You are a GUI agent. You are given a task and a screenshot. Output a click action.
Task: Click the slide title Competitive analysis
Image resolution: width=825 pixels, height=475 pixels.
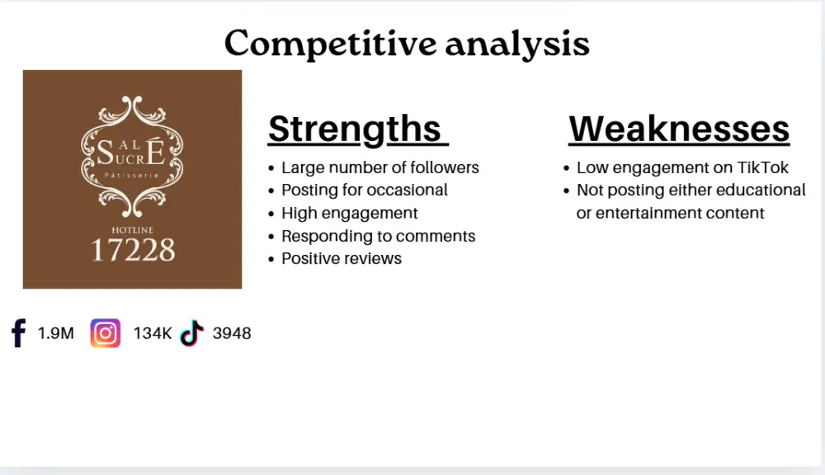click(x=407, y=43)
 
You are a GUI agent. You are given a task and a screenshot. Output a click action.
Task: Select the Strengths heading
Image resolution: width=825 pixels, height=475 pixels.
click(x=356, y=129)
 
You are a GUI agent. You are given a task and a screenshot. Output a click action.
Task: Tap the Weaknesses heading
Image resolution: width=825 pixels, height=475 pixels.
click(x=679, y=129)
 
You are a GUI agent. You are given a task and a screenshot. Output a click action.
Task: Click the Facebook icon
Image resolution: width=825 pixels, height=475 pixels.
click(x=18, y=333)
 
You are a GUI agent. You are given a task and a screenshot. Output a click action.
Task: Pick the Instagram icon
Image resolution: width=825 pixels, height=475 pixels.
click(x=105, y=333)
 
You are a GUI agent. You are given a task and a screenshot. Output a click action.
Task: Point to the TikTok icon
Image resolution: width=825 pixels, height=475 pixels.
click(x=192, y=333)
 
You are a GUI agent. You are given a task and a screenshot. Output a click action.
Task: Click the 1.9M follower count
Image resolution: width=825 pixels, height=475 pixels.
click(x=55, y=334)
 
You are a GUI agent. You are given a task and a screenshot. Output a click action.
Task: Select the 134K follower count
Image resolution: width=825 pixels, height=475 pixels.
click(x=153, y=334)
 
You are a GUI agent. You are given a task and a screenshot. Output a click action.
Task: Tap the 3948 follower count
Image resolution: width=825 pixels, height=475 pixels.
click(x=232, y=334)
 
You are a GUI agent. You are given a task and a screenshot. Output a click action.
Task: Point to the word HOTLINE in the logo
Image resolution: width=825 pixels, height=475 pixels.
click(x=132, y=229)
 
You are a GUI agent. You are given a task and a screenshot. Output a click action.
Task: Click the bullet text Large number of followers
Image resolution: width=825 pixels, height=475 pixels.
click(x=379, y=167)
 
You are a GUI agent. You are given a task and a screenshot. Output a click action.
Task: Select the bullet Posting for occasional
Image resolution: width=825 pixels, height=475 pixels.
click(x=364, y=190)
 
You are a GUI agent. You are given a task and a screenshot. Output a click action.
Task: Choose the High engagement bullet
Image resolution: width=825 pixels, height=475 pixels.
click(x=349, y=213)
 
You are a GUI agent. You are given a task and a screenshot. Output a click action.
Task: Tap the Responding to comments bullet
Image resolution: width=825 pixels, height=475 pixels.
click(x=378, y=236)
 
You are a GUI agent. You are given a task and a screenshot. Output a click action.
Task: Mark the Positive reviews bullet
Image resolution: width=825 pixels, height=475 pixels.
click(x=341, y=258)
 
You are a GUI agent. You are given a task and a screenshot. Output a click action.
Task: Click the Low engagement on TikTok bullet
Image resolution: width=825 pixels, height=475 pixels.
click(x=682, y=167)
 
